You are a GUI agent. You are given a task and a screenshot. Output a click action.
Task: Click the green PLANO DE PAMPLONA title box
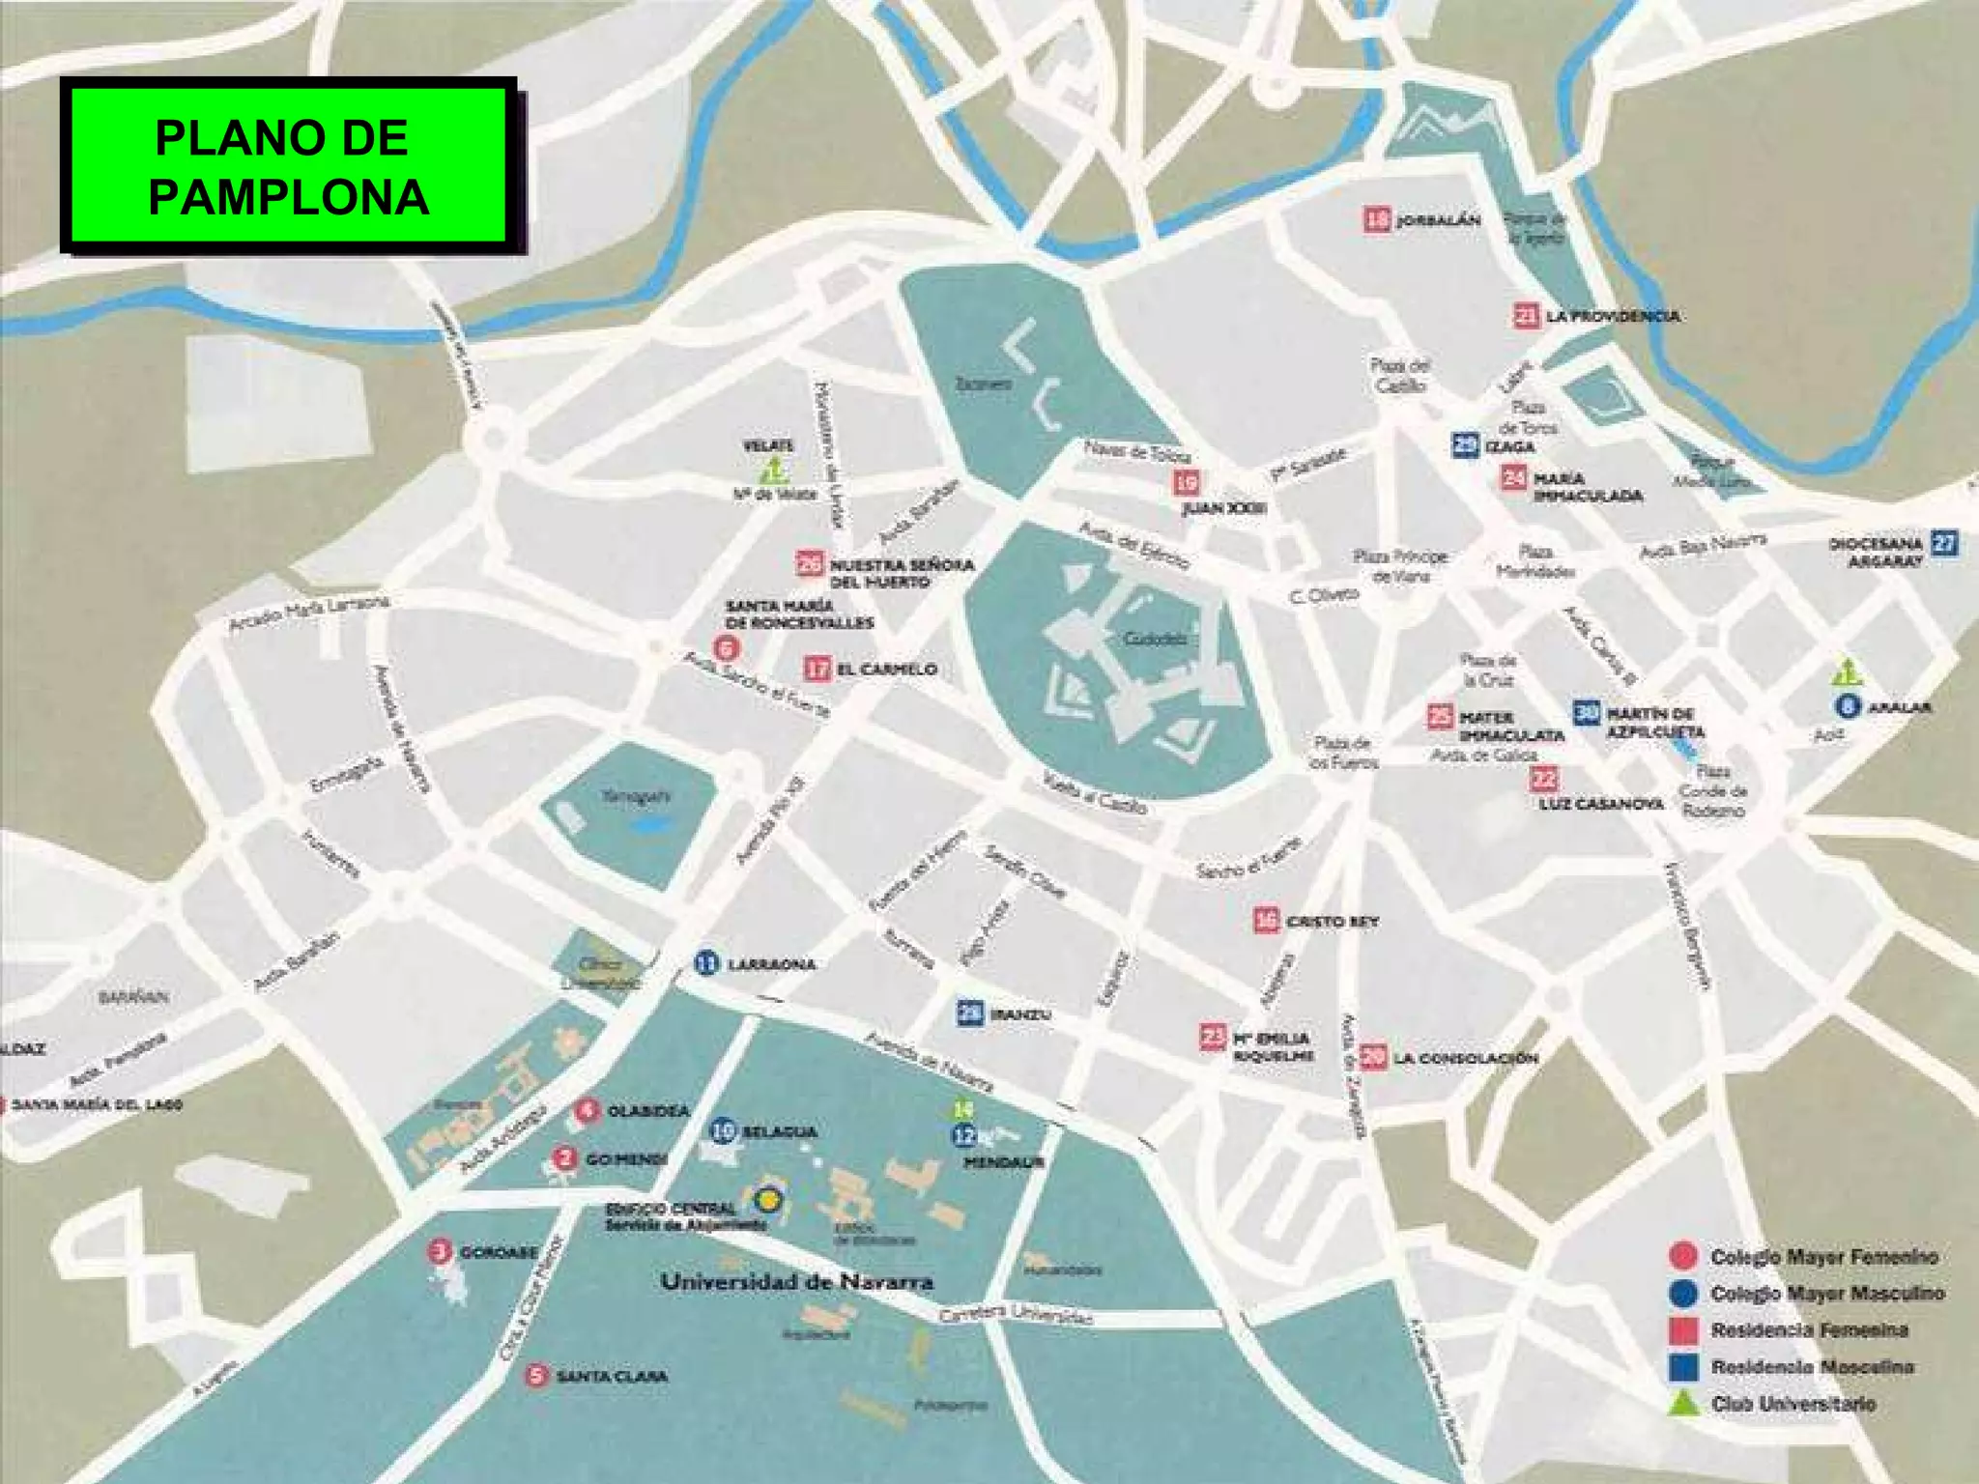pos(287,166)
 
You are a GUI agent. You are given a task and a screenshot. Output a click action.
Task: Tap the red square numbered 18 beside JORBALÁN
pos(1377,219)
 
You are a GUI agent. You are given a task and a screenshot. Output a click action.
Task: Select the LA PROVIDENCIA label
pos(1612,316)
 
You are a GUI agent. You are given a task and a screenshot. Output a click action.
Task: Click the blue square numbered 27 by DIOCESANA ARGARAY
pos(1944,543)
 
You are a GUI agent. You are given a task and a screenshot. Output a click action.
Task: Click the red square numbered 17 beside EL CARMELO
pos(817,668)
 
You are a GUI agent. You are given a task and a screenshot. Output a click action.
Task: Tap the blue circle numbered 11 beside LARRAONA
pos(707,962)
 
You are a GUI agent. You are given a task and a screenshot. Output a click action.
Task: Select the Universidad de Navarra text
pos(796,1282)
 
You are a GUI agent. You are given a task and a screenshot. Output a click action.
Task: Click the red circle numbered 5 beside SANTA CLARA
pos(536,1375)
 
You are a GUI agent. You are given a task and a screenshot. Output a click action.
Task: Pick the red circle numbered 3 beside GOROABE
pos(440,1251)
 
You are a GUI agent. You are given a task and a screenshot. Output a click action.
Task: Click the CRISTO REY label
pos(1332,922)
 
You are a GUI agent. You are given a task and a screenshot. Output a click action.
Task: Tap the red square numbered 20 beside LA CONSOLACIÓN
pos(1372,1057)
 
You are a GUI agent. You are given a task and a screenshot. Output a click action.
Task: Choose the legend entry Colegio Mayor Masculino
pos(1826,1294)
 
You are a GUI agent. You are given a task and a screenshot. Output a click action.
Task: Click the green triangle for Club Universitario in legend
pos(1683,1402)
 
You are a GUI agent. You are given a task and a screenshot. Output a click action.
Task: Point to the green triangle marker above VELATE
pos(774,471)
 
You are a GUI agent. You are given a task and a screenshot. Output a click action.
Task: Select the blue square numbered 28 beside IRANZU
pos(970,1013)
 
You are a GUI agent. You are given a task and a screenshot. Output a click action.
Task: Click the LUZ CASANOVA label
pos(1601,804)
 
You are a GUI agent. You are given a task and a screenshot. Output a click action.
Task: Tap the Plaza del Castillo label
pos(1400,376)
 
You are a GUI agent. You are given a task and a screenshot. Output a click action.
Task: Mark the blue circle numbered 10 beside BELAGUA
pos(723,1129)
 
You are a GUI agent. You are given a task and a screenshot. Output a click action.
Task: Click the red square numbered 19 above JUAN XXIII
pos(1187,480)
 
